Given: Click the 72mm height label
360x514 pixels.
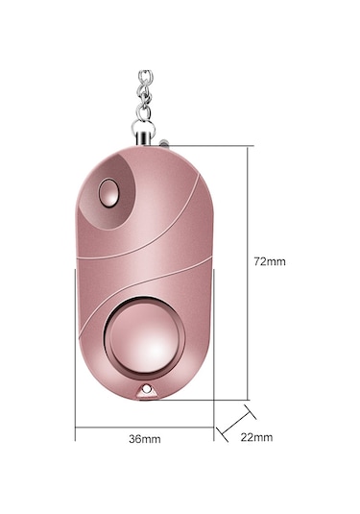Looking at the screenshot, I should click(x=271, y=260).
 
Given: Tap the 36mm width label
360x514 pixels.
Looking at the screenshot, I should click(x=144, y=438).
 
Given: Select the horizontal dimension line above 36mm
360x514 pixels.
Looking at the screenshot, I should click(x=144, y=426).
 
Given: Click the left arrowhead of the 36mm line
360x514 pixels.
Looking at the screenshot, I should click(x=78, y=426).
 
